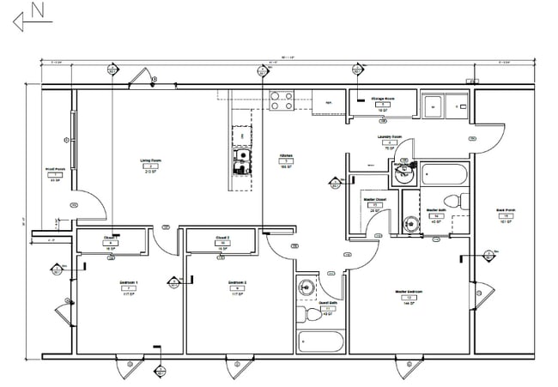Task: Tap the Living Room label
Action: (152, 160)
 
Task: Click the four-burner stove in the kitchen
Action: (282, 101)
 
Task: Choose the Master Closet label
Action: (373, 200)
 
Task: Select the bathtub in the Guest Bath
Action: (319, 341)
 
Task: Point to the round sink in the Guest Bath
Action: (305, 287)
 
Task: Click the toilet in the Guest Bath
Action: (313, 315)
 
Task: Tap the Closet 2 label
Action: (221, 237)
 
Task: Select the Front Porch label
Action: (57, 170)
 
